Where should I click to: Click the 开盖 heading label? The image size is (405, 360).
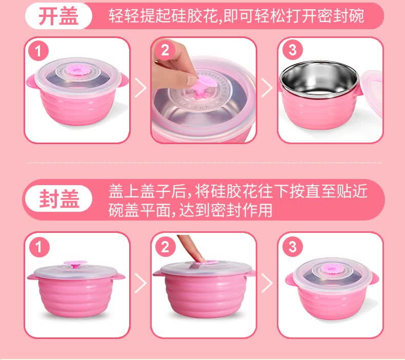click(x=58, y=16)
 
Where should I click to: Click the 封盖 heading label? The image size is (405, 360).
click(x=59, y=198)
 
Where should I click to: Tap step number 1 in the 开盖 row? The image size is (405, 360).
click(x=38, y=51)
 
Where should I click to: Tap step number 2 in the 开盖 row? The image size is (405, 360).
click(x=165, y=50)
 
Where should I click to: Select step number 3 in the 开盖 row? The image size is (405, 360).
click(x=292, y=50)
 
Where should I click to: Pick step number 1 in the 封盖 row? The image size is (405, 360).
click(x=39, y=247)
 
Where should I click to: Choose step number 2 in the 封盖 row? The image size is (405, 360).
click(x=165, y=247)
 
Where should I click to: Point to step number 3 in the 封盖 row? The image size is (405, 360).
click(x=292, y=247)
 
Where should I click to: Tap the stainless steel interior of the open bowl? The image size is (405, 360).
click(x=319, y=78)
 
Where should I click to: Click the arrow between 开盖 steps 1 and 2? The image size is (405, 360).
click(x=140, y=88)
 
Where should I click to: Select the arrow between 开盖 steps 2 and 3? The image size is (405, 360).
click(x=267, y=88)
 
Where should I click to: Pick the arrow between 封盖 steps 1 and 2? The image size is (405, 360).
click(x=140, y=283)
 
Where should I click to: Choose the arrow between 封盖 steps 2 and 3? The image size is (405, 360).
click(x=267, y=283)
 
